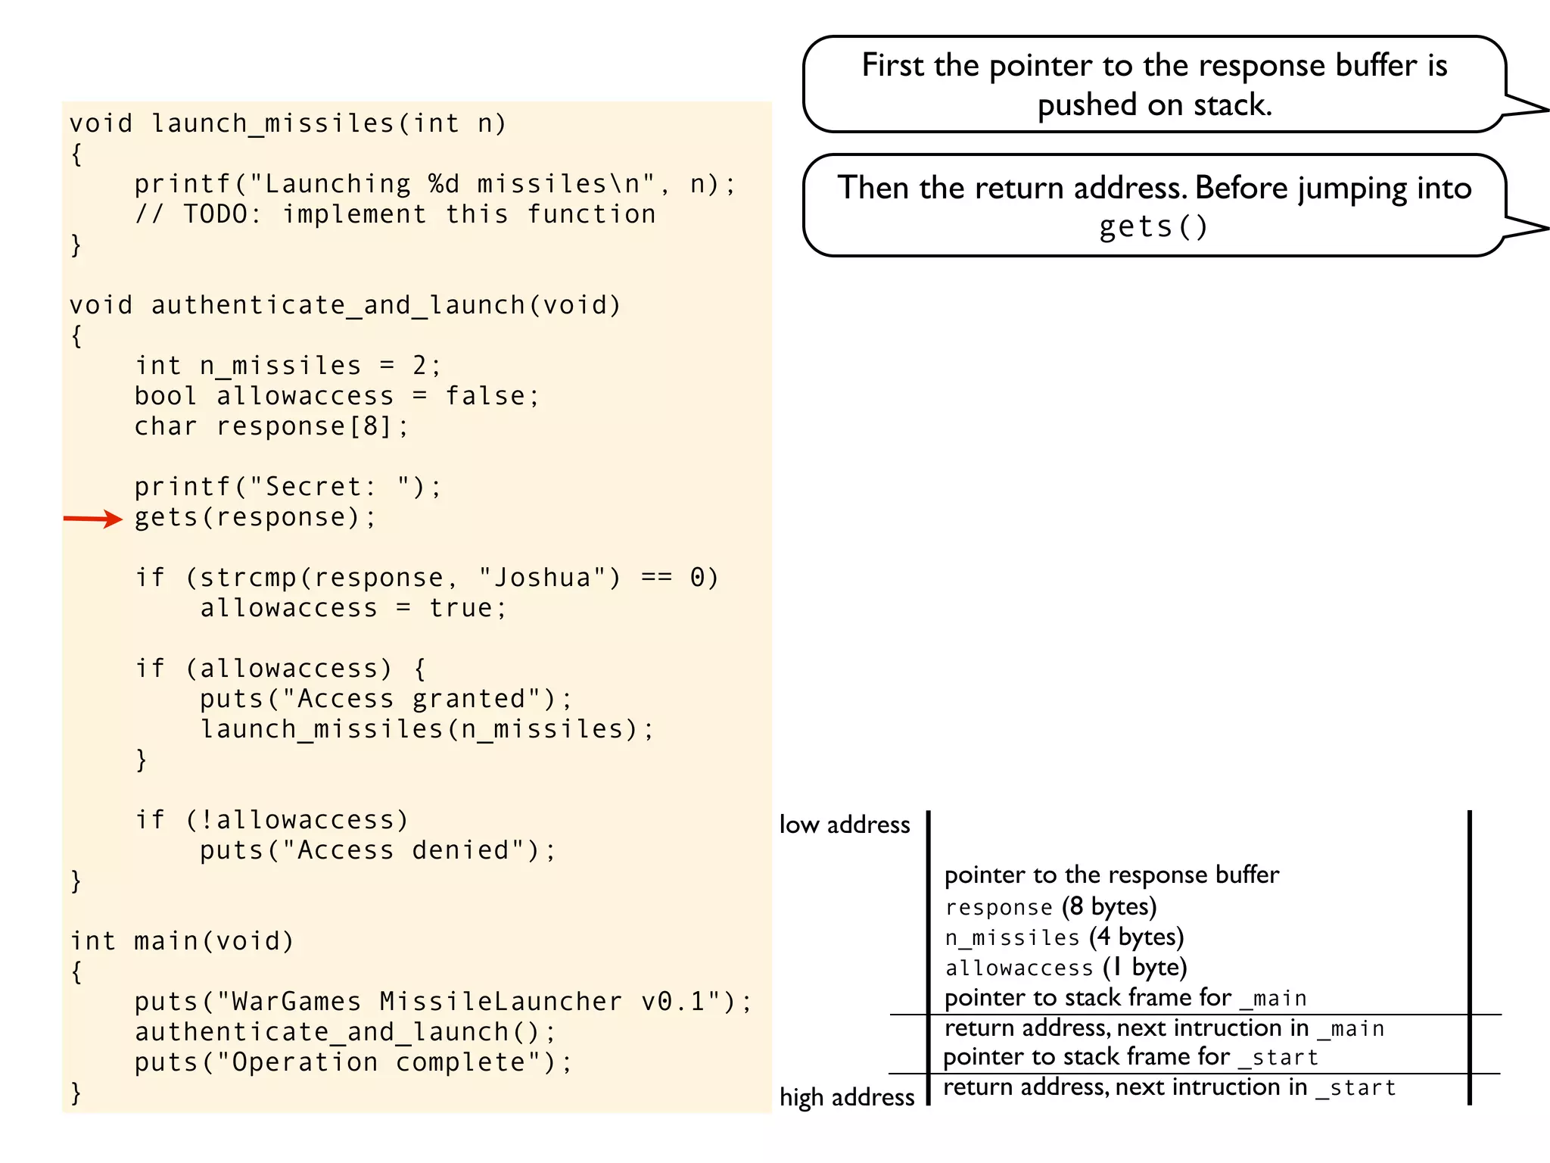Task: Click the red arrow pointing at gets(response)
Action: [92, 519]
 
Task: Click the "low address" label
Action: [845, 825]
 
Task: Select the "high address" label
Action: [847, 1097]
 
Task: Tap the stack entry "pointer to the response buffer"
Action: [1111, 875]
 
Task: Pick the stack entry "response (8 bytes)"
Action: [1050, 907]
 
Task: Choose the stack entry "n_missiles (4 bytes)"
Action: [1064, 937]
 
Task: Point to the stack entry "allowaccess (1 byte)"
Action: [1066, 968]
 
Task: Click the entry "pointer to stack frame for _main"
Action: [1125, 998]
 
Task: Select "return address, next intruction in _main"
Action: [1164, 1028]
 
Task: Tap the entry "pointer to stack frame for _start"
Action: [1131, 1057]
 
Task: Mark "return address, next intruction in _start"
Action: [1169, 1087]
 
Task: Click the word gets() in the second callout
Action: [1153, 227]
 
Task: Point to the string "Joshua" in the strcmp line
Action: [543, 578]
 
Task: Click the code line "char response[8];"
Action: [272, 427]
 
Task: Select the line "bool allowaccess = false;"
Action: [337, 397]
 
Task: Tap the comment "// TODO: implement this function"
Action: [395, 215]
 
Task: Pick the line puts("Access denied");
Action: [378, 851]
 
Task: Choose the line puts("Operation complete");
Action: [353, 1063]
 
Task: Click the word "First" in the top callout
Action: [893, 66]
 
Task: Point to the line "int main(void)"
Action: [182, 942]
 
